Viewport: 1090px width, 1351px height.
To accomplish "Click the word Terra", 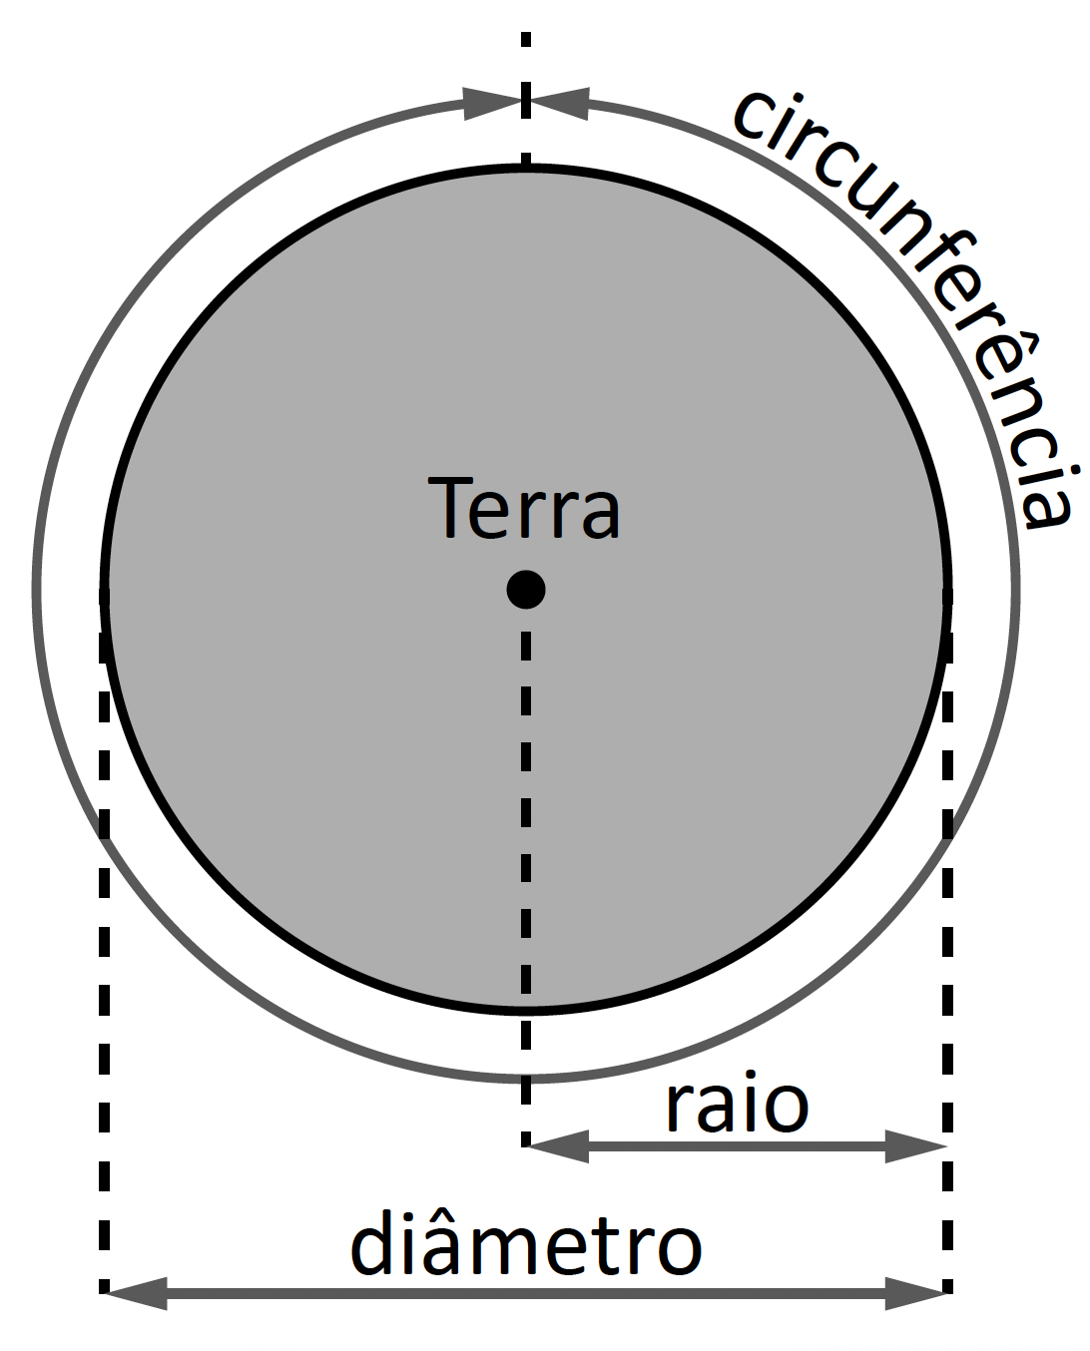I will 524,508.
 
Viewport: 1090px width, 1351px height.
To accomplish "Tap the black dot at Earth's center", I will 526,589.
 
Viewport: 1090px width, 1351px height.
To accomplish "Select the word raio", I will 737,1106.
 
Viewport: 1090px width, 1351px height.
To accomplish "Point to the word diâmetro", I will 526,1244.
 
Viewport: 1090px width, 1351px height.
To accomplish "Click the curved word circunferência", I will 928,289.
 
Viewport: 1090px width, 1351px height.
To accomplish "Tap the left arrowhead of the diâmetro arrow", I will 135,1293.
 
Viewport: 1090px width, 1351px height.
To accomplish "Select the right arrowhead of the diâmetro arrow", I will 916,1293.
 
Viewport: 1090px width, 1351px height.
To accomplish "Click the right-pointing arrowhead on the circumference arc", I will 494,103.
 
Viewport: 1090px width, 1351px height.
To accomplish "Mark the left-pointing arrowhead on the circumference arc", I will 559,103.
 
